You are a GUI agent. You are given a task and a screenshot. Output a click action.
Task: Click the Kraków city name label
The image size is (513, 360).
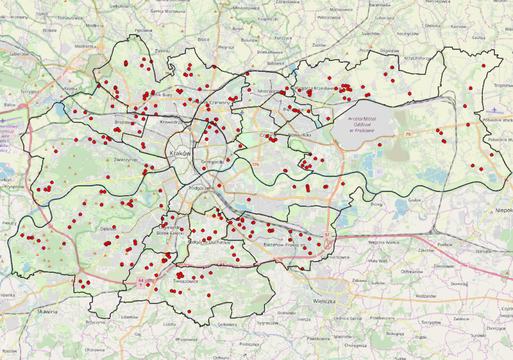(x=181, y=154)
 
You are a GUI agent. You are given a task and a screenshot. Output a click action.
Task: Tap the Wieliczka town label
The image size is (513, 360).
(x=327, y=300)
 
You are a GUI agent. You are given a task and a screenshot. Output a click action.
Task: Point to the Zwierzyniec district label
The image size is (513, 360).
(x=126, y=160)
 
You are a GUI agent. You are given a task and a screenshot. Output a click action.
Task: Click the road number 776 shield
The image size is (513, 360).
(x=255, y=165)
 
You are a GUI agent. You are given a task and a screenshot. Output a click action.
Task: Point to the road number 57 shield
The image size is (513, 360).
(x=327, y=235)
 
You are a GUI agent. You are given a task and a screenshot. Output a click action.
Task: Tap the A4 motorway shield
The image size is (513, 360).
(x=140, y=281)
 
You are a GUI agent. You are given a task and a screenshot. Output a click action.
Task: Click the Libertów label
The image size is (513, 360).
(x=129, y=317)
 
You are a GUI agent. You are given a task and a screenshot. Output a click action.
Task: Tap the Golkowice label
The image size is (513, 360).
(x=226, y=324)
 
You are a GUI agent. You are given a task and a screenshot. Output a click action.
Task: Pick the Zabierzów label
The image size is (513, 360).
(x=19, y=54)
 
